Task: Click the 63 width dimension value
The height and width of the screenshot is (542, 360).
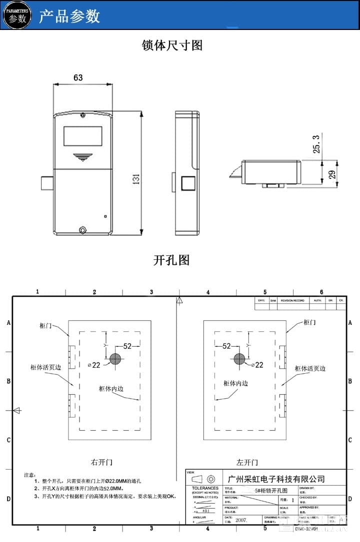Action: [x=78, y=77]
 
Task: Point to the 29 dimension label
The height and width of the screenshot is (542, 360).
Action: [x=331, y=174]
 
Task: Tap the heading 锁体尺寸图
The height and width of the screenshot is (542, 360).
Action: [x=172, y=45]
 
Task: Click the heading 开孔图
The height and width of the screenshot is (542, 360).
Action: [x=171, y=260]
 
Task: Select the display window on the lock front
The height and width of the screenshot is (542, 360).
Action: [x=82, y=135]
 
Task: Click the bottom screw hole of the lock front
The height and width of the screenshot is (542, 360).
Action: [x=83, y=230]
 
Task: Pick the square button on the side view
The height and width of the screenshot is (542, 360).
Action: [x=188, y=183]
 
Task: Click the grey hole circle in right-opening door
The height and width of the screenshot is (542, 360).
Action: [x=115, y=359]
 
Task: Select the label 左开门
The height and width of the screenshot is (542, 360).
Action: [x=247, y=463]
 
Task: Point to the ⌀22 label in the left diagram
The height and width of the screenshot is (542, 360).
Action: [x=94, y=365]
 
